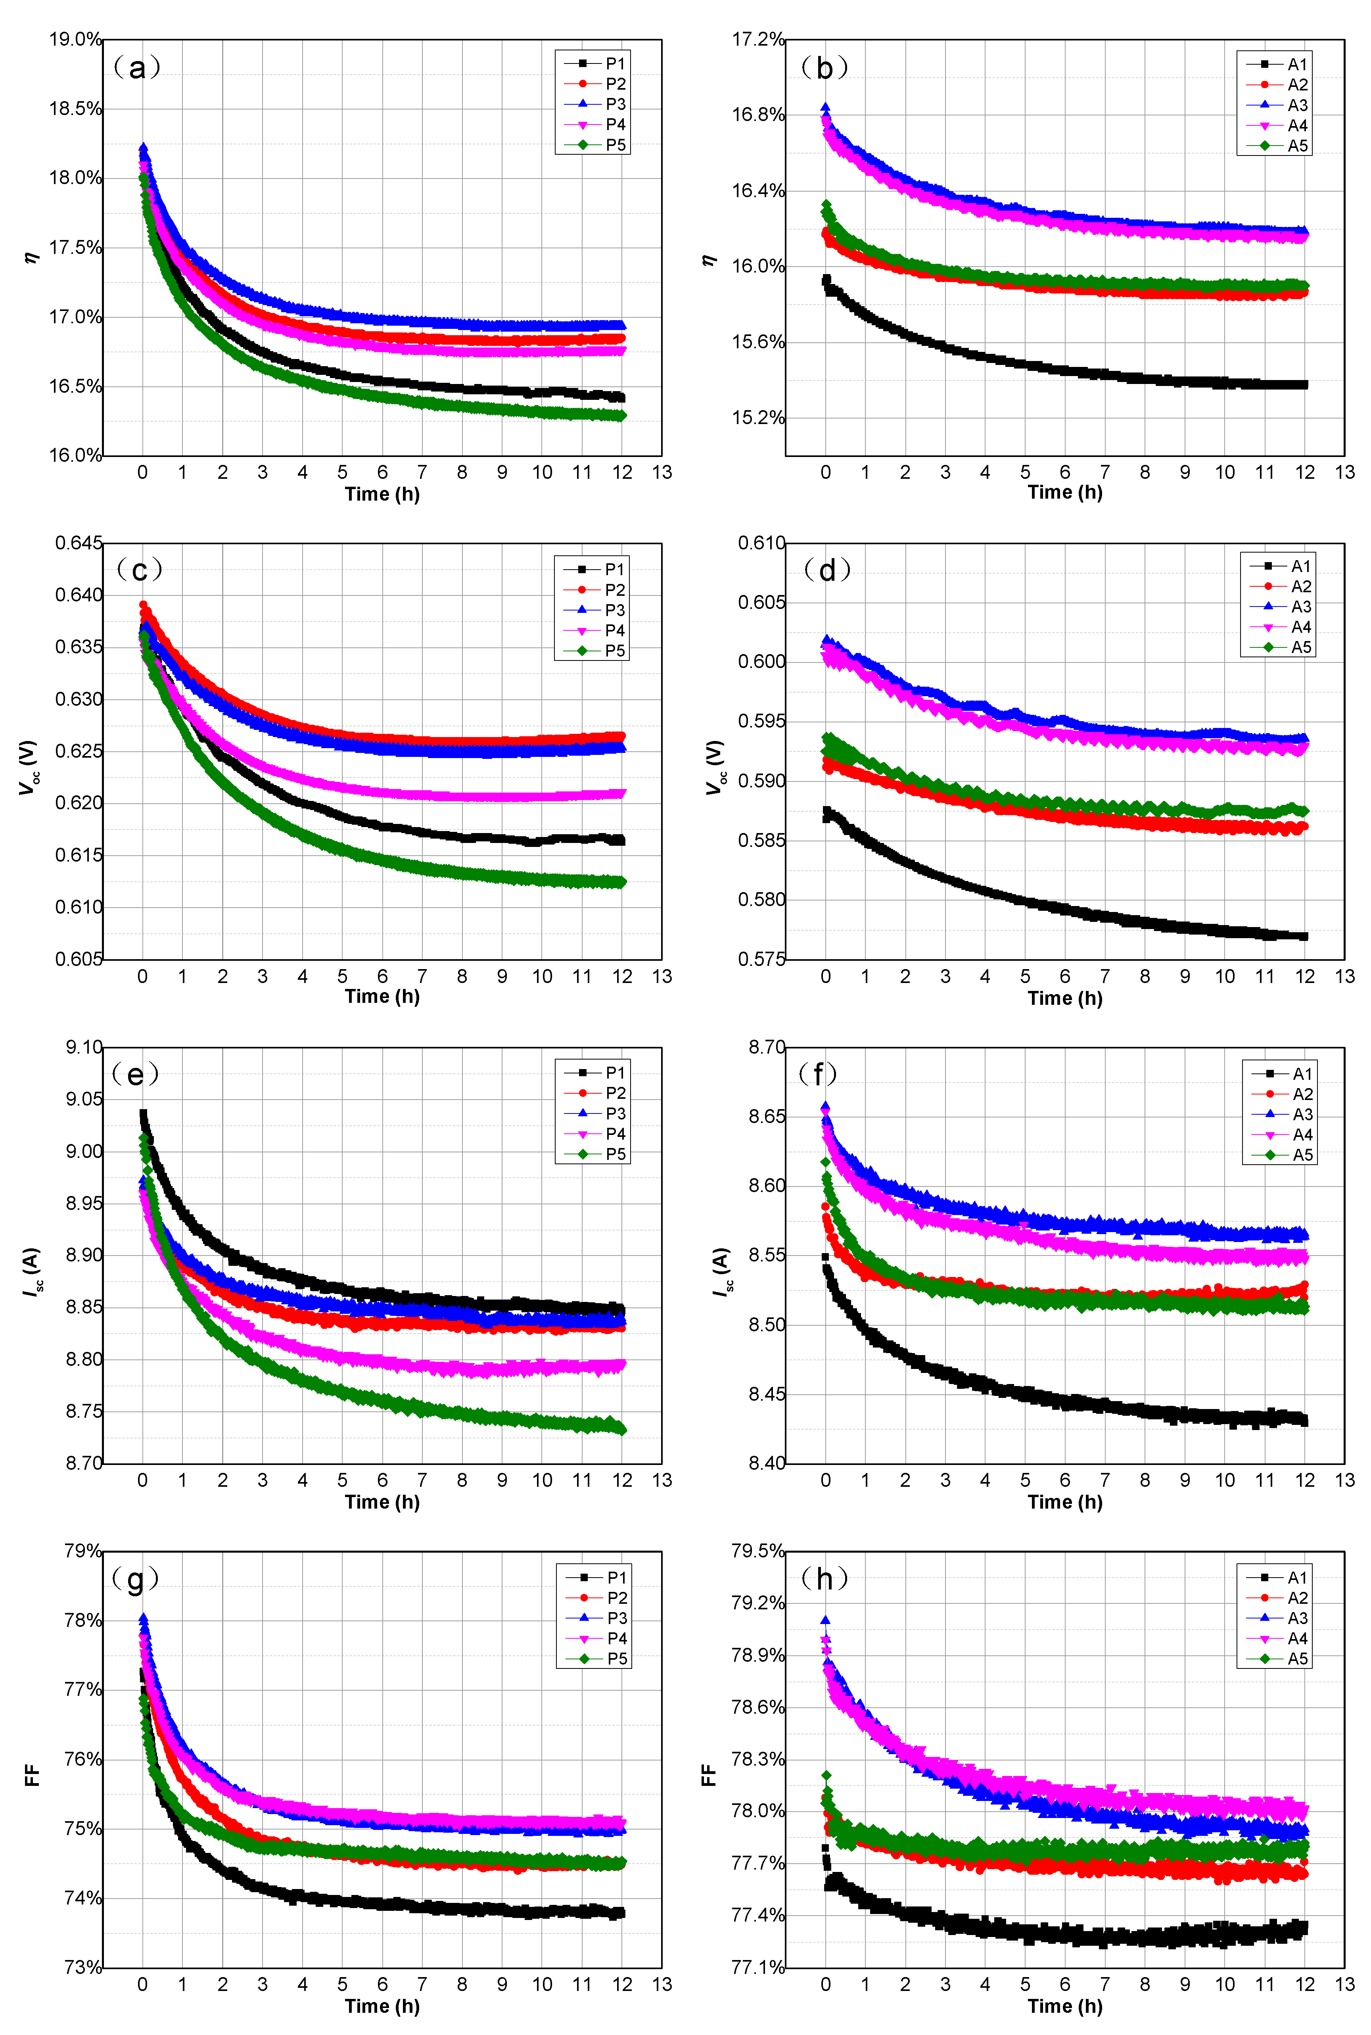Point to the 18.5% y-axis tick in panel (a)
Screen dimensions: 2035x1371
pyautogui.click(x=75, y=108)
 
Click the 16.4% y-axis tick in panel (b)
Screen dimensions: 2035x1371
pyautogui.click(x=758, y=191)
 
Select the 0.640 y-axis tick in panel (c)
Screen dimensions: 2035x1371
pyautogui.click(x=79, y=595)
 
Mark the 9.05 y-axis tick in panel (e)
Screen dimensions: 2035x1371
pyautogui.click(x=84, y=1099)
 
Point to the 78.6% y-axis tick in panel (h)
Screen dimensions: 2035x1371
pyautogui.click(x=758, y=1707)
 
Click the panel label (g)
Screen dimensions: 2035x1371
pyautogui.click(x=136, y=1578)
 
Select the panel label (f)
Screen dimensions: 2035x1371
pyautogui.click(x=819, y=1074)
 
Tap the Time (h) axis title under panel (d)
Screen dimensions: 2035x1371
pyautogui.click(x=1064, y=998)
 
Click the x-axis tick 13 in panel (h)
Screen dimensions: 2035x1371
pyautogui.click(x=1344, y=1984)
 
